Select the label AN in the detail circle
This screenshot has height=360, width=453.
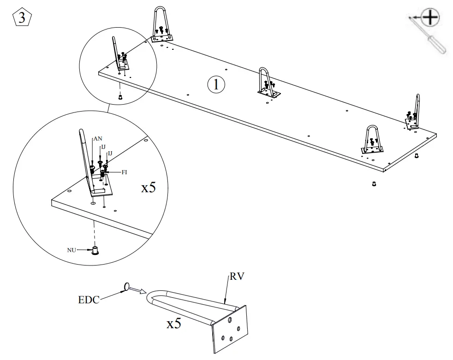coord(98,138)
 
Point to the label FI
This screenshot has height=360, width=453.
coord(124,172)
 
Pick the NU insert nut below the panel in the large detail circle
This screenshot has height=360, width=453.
coord(95,251)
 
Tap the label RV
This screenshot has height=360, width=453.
coord(237,277)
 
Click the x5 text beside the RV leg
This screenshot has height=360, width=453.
coord(173,323)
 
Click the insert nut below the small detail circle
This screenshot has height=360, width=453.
coord(120,96)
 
